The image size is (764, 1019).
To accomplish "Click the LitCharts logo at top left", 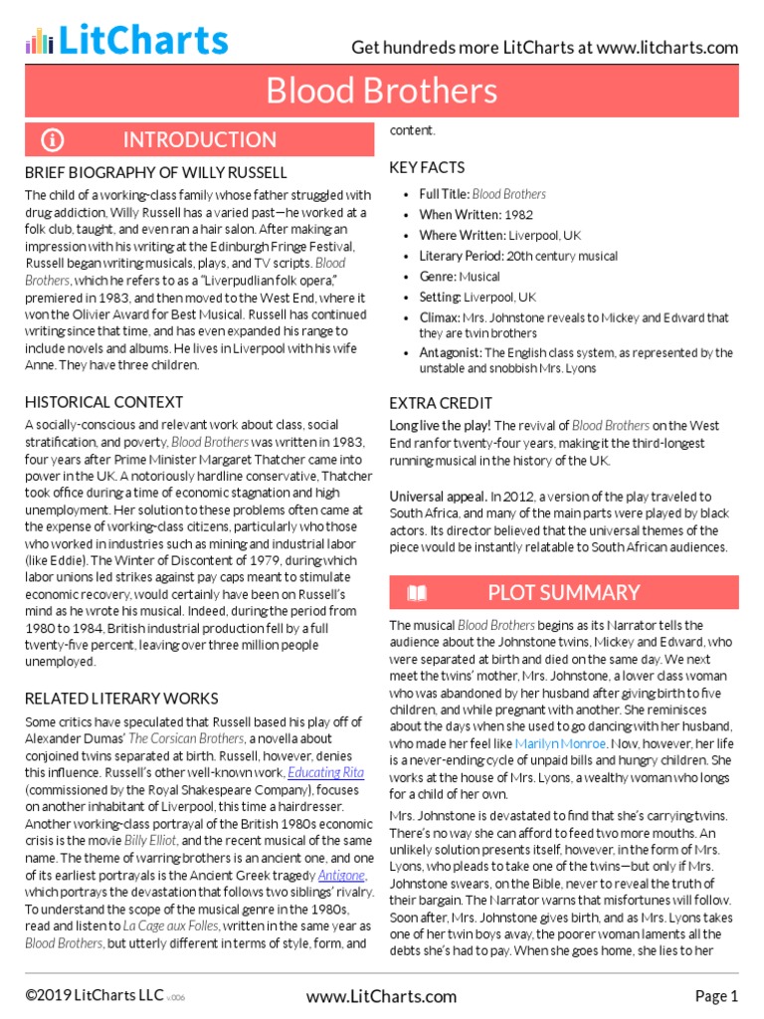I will [x=126, y=40].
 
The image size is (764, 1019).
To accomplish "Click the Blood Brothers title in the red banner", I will [x=381, y=92].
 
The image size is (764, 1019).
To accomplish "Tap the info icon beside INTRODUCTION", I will [x=53, y=139].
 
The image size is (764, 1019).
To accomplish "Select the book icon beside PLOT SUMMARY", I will [x=418, y=593].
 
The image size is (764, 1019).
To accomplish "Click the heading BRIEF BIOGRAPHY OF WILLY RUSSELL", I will [x=155, y=172].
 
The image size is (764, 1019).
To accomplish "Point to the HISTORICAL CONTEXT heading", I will [x=103, y=402].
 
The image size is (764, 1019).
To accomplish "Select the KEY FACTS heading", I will [x=427, y=167].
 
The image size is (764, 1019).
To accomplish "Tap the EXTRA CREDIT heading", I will [x=441, y=403].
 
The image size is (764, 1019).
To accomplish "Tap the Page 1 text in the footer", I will [x=715, y=995].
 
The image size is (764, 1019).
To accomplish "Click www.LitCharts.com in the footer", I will [x=381, y=995].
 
